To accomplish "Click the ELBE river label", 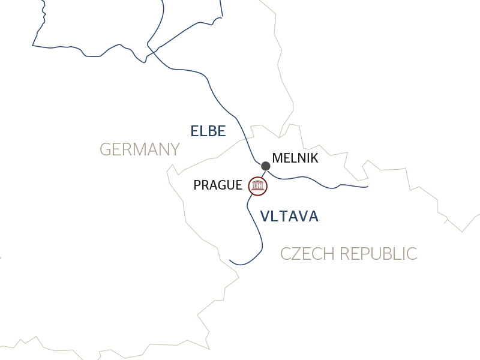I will pyautogui.click(x=208, y=131).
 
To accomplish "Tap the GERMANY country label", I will pyautogui.click(x=140, y=149).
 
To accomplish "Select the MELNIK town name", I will pyautogui.click(x=295, y=159).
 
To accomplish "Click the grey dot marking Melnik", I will pyautogui.click(x=266, y=166).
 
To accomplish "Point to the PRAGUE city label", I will pyautogui.click(x=218, y=185).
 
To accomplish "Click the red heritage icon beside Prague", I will pyautogui.click(x=258, y=186).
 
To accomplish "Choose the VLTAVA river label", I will pyautogui.click(x=289, y=217).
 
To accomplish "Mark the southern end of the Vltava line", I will pyautogui.click(x=230, y=260).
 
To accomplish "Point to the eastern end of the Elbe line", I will pyautogui.click(x=367, y=187).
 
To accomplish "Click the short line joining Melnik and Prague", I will pyautogui.click(x=263, y=174).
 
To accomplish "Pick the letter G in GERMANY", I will pyautogui.click(x=106, y=149).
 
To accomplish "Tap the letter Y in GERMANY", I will pyautogui.click(x=175, y=149).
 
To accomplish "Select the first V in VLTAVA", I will pyautogui.click(x=265, y=217).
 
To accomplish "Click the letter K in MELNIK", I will pyautogui.click(x=314, y=159).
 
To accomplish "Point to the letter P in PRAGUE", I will pyautogui.click(x=197, y=185).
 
